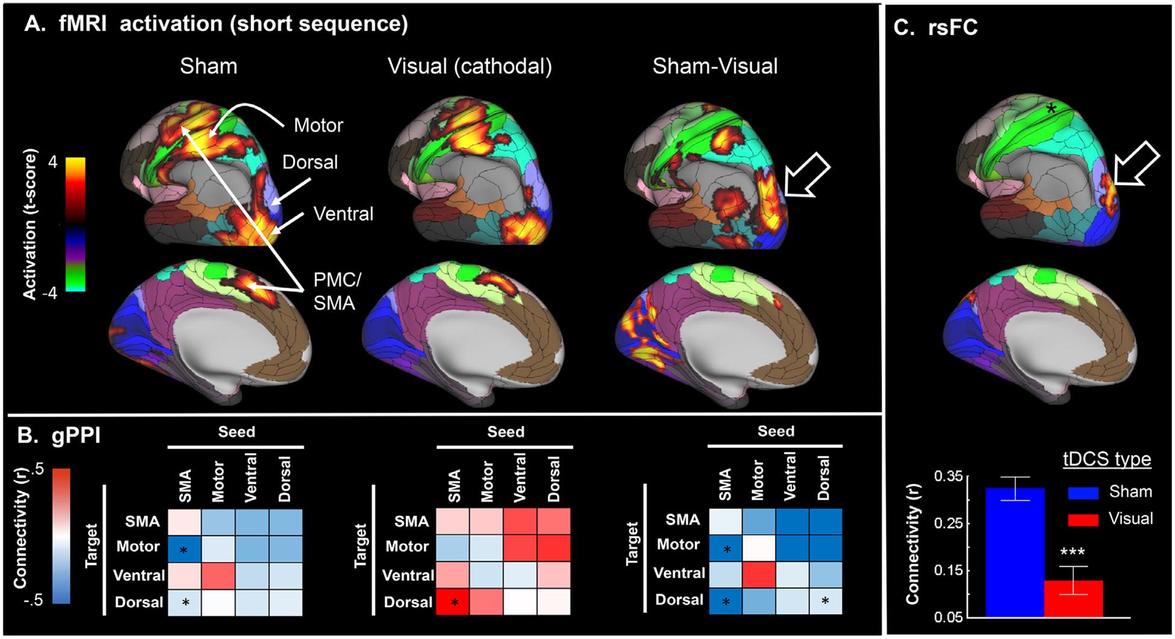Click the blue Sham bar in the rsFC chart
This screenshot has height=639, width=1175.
(1015, 552)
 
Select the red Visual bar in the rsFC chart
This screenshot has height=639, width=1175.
(1073, 598)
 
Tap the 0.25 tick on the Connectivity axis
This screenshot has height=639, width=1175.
(948, 523)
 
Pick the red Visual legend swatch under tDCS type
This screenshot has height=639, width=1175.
(1083, 519)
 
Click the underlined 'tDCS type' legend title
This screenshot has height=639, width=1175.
(1106, 459)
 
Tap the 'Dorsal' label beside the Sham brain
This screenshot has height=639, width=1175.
(310, 162)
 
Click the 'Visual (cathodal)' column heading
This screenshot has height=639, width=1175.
(469, 66)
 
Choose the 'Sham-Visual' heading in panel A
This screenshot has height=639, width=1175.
(715, 66)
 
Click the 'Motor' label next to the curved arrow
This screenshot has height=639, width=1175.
(318, 125)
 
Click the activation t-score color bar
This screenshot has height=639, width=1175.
(75, 224)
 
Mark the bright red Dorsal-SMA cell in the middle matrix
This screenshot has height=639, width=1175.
(453, 602)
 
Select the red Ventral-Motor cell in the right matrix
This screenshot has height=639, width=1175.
(758, 573)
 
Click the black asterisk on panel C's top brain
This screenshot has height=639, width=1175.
(1051, 109)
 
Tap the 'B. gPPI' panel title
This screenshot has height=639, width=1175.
(59, 435)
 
